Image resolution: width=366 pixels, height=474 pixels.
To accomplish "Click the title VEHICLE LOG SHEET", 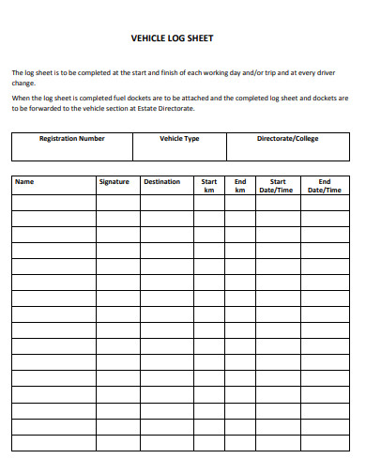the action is coord(183,40).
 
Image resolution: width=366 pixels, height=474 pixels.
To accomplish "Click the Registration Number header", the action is coord(71,139).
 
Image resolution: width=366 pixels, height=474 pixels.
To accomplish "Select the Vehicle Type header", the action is coord(179,139).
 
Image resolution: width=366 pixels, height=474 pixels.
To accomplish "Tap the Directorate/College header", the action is coord(288,139).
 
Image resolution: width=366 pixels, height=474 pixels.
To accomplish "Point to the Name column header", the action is coord(24,181).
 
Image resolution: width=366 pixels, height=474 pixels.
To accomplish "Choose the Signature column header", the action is coord(114,181).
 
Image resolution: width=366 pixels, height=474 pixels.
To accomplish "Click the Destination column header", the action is coord(161,181).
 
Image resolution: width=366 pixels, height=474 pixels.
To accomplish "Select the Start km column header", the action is coord(209,186).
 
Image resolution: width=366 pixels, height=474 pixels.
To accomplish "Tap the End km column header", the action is coord(240,186).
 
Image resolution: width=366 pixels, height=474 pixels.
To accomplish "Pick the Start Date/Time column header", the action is coord(278,186).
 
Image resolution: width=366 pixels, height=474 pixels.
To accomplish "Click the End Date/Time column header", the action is coord(325,186).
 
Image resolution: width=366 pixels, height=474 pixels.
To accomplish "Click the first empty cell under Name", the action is coord(53,202).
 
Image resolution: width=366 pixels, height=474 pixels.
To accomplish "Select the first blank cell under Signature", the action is coord(117,202).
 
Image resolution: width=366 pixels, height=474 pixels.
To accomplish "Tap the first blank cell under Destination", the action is coord(166,202).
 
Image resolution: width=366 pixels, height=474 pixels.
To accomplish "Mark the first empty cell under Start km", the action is coord(209,202).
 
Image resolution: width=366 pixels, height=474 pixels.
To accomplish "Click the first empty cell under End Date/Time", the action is coord(325,202).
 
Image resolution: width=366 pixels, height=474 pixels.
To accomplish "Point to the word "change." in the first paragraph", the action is coord(23,83).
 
